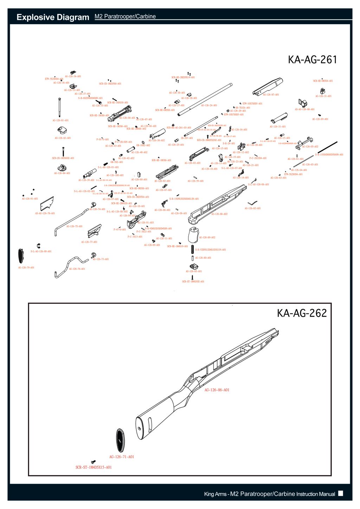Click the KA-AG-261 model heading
[x=312, y=60]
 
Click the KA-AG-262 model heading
[x=302, y=313]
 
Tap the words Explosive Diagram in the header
[x=53, y=17]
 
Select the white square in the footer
[x=340, y=493]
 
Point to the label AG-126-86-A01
[x=217, y=390]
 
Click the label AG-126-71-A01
[x=122, y=457]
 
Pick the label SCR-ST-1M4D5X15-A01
[x=94, y=467]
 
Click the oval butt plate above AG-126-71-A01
[x=120, y=440]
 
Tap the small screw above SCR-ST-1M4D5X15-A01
[x=93, y=462]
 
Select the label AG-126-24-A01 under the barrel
[x=209, y=105]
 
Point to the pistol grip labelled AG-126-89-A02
[x=193, y=235]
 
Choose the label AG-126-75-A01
[x=75, y=226]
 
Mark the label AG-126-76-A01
[x=77, y=269]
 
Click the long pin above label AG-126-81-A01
[x=60, y=108]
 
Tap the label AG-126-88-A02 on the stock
[x=219, y=214]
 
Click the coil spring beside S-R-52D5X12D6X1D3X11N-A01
[x=192, y=250]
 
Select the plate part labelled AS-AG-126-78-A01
[x=47, y=204]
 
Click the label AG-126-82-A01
[x=253, y=208]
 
